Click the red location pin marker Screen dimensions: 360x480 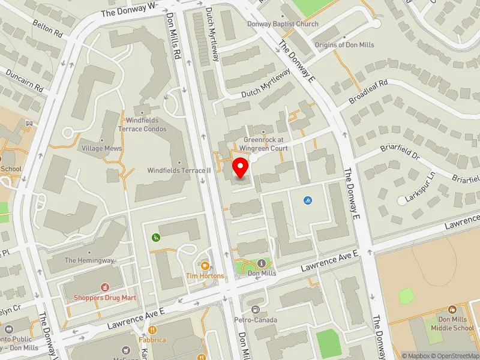click(240, 167)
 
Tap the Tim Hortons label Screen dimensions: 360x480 click(205, 276)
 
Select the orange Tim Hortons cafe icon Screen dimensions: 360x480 click(205, 265)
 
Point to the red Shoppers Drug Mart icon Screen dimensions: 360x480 click(106, 287)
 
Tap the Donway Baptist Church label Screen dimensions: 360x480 click(283, 24)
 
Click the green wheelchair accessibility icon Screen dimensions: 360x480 click(156, 238)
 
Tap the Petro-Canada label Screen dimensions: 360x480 click(256, 320)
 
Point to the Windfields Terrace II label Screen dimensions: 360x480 click(179, 170)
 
